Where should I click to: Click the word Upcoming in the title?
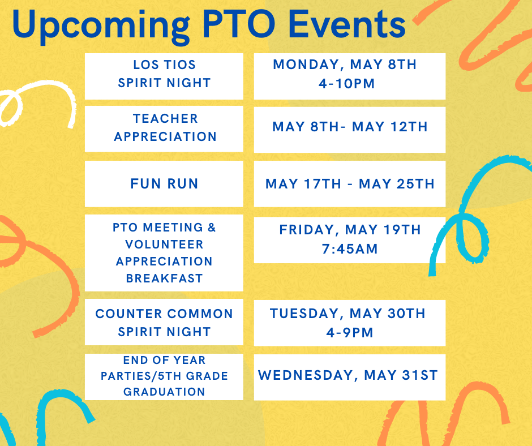(101, 27)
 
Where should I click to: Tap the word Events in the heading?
(347, 24)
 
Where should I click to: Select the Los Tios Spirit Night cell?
(164, 76)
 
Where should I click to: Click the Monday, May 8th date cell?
(349, 76)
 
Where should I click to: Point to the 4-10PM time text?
(346, 84)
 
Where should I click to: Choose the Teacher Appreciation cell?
(164, 129)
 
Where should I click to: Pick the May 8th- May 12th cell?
(349, 130)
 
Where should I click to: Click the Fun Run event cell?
(164, 183)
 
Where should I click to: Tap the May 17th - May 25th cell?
(349, 183)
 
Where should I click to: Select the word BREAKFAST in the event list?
(164, 278)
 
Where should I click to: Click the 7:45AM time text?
(350, 249)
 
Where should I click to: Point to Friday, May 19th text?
(350, 230)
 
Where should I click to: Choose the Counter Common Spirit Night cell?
(164, 322)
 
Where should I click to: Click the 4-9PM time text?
(350, 332)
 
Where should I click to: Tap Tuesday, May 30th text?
(347, 314)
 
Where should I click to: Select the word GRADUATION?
(164, 392)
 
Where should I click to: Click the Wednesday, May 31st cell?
(349, 377)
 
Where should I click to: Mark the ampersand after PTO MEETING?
(212, 227)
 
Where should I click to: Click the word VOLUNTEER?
(164, 245)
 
